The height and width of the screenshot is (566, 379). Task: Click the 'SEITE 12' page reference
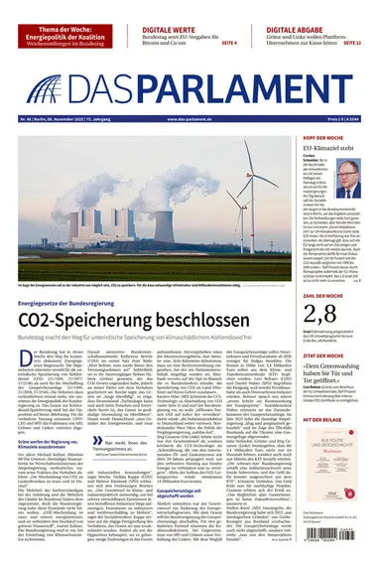click(351, 44)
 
